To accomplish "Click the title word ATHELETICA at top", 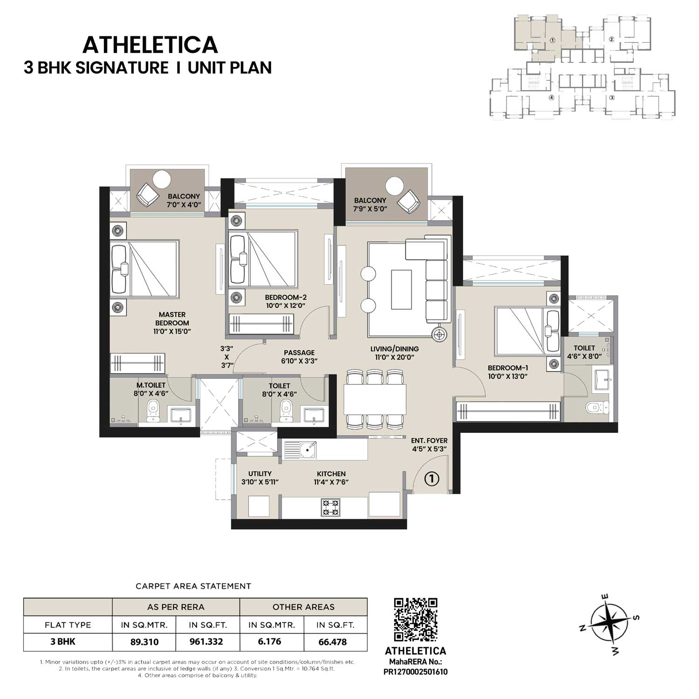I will point(150,45).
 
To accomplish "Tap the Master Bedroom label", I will point(172,319).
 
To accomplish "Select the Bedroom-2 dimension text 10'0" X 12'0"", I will point(285,306).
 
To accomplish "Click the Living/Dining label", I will point(394,349).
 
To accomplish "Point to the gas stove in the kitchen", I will point(330,507).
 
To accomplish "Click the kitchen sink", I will point(307,450).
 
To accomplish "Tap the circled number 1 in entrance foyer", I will point(432,479).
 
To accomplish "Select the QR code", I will point(416,620).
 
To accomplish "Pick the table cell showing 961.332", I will point(206,642).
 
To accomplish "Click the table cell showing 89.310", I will point(144,642).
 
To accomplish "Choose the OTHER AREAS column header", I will point(303,607).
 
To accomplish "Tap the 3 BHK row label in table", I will point(63,642).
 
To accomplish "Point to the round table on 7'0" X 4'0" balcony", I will point(162,179).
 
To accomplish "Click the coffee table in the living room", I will point(401,289).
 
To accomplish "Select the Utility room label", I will point(260,473).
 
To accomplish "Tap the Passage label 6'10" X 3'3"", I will point(299,356).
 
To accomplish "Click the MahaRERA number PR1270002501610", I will point(415,672).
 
